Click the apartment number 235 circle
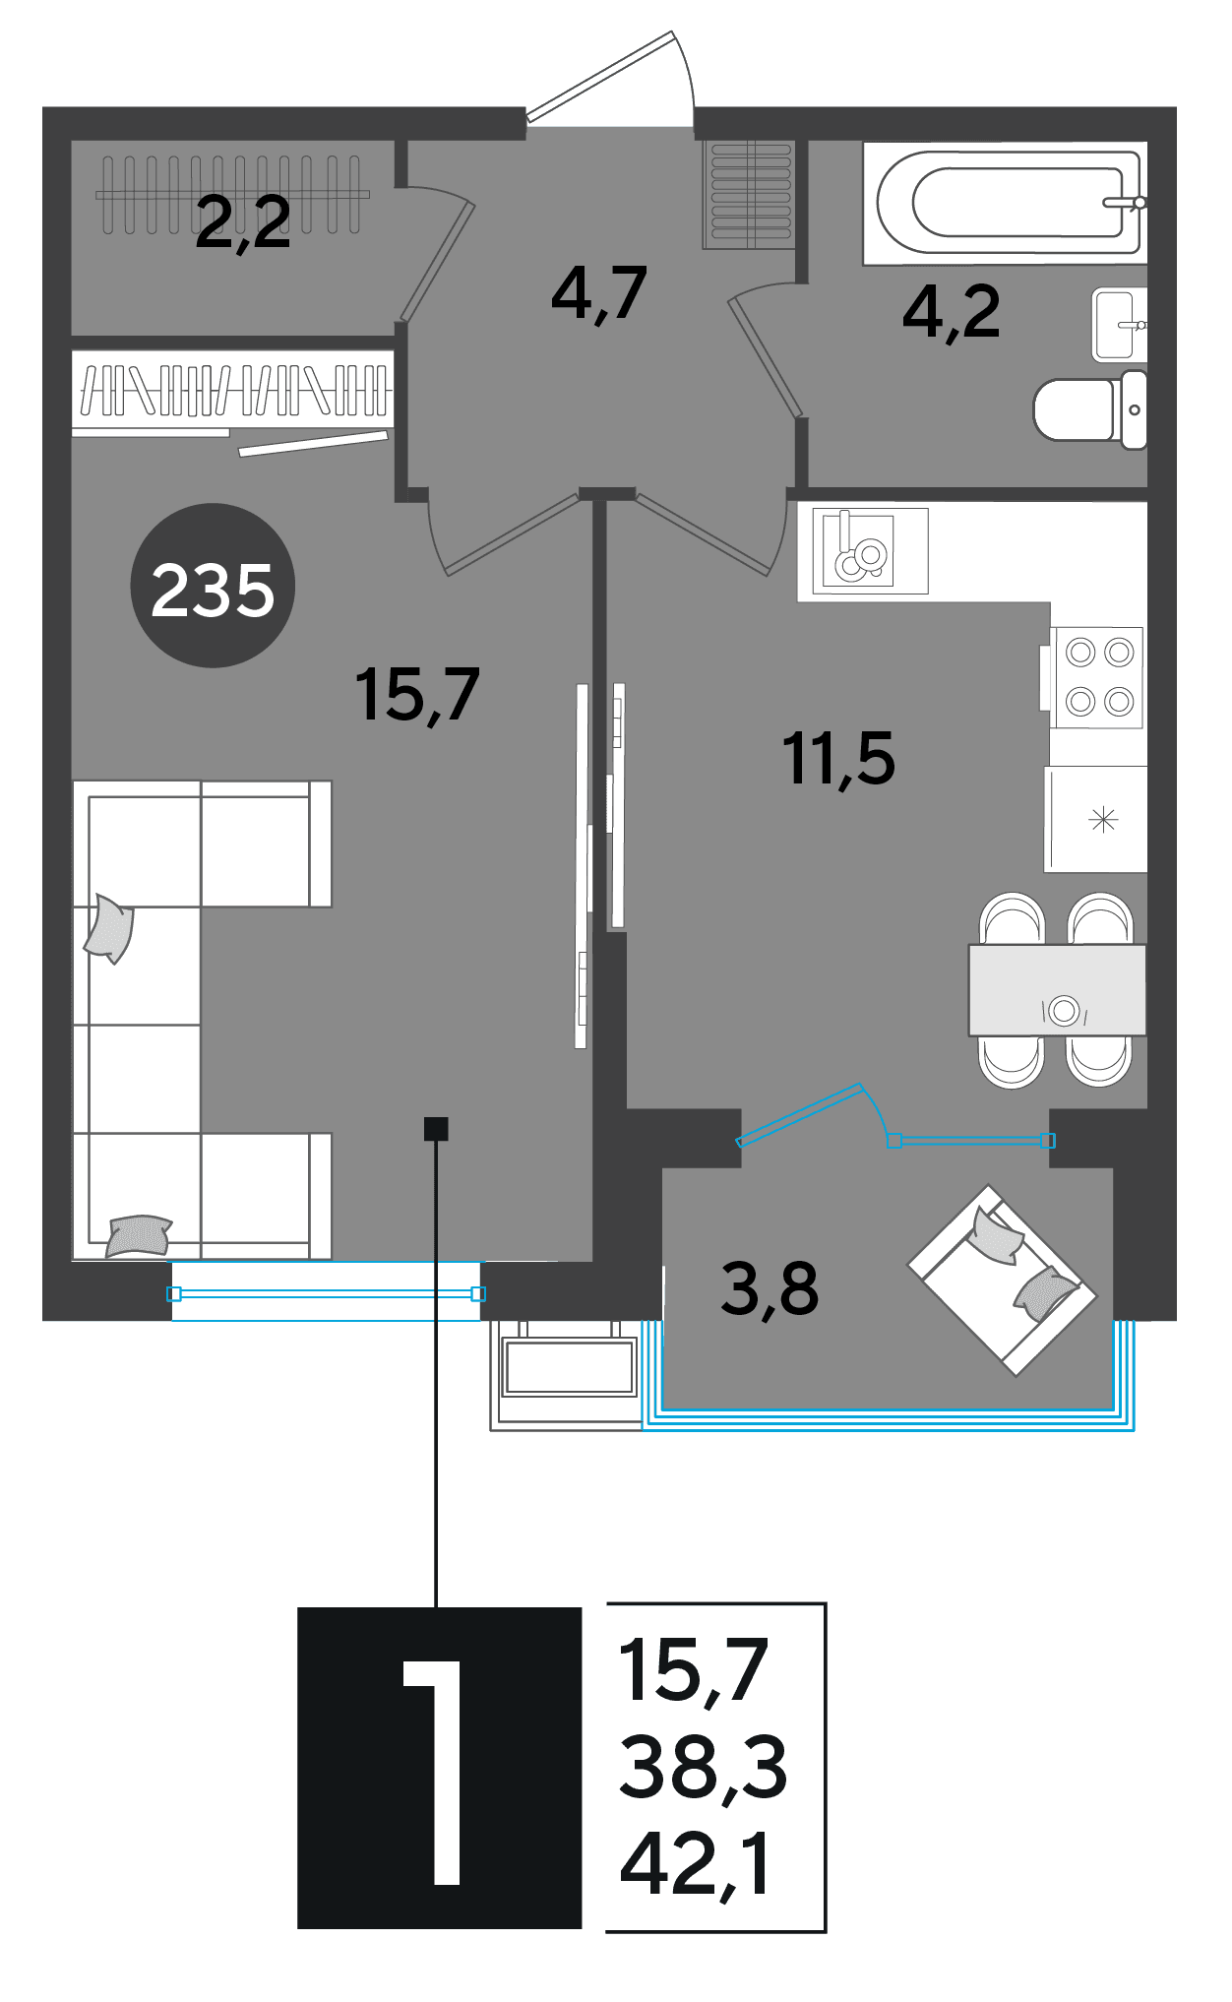[x=213, y=586]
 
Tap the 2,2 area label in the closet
[x=243, y=223]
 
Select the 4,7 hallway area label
[x=598, y=293]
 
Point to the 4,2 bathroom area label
[x=951, y=312]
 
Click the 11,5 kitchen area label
[x=838, y=760]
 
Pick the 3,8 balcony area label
[x=770, y=1289]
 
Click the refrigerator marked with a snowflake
[x=1096, y=819]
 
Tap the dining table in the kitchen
[x=1057, y=990]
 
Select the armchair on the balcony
[x=1002, y=1280]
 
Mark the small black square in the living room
[x=436, y=1129]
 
